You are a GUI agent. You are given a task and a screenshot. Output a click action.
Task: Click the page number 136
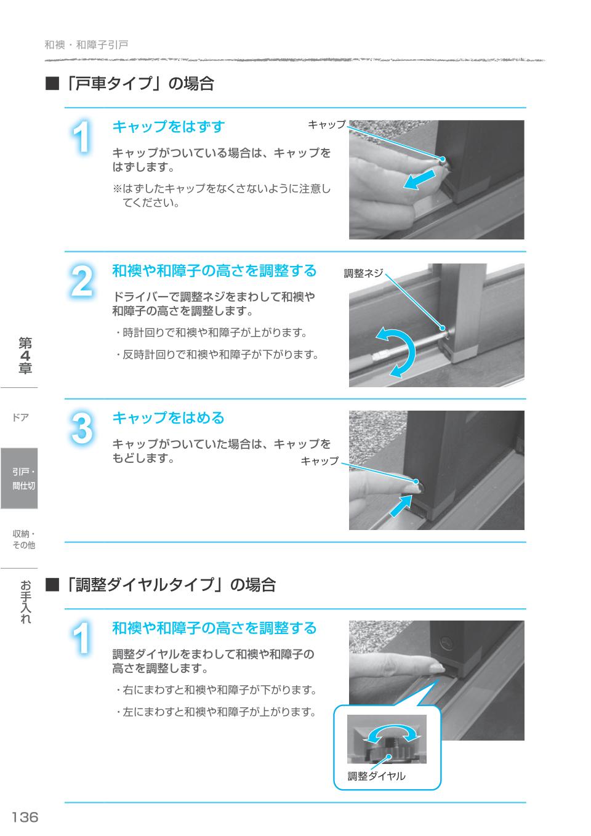click(25, 817)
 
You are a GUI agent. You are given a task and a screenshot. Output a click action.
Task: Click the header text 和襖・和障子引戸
click(86, 45)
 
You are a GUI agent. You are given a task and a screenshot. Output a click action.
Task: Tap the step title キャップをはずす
click(168, 127)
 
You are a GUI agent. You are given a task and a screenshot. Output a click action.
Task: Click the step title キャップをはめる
click(168, 418)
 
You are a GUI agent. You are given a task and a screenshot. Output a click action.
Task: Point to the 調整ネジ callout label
click(363, 273)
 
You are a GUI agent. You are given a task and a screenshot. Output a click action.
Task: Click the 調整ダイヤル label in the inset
click(376, 776)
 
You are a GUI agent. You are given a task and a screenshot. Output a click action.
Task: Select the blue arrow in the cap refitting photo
click(400, 506)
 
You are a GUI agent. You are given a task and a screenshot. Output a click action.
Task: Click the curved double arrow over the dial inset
click(392, 733)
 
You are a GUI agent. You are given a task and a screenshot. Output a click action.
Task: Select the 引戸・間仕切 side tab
click(19, 478)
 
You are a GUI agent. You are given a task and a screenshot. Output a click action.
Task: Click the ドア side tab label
click(20, 417)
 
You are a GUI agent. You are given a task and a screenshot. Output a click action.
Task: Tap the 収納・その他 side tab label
click(23, 539)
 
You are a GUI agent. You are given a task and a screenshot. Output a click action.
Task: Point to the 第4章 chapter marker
click(25, 356)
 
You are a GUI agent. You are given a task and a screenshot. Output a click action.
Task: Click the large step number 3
click(82, 428)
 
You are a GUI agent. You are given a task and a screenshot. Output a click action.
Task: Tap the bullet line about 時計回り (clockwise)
click(211, 333)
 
